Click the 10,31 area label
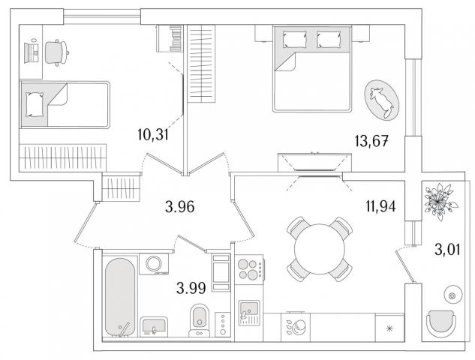pyautogui.click(x=152, y=134)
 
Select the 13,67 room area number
pyautogui.click(x=371, y=141)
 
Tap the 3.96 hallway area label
pyautogui.click(x=180, y=207)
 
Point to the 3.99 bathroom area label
pyautogui.click(x=191, y=288)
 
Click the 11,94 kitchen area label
pyautogui.click(x=380, y=206)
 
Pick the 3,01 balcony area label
pyautogui.click(x=447, y=250)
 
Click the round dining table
pyautogui.click(x=320, y=249)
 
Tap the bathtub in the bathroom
pyautogui.click(x=120, y=297)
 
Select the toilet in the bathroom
pyautogui.click(x=199, y=320)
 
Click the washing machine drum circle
pyautogui.click(x=154, y=264)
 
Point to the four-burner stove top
pyautogui.click(x=249, y=269)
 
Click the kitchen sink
pyautogui.click(x=249, y=313)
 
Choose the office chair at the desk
pyautogui.click(x=56, y=52)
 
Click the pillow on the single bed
pyautogui.click(x=35, y=104)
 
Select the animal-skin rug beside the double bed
pyautogui.click(x=382, y=100)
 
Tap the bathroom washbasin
pyautogui.click(x=154, y=326)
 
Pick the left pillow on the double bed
pyautogui.click(x=294, y=39)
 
